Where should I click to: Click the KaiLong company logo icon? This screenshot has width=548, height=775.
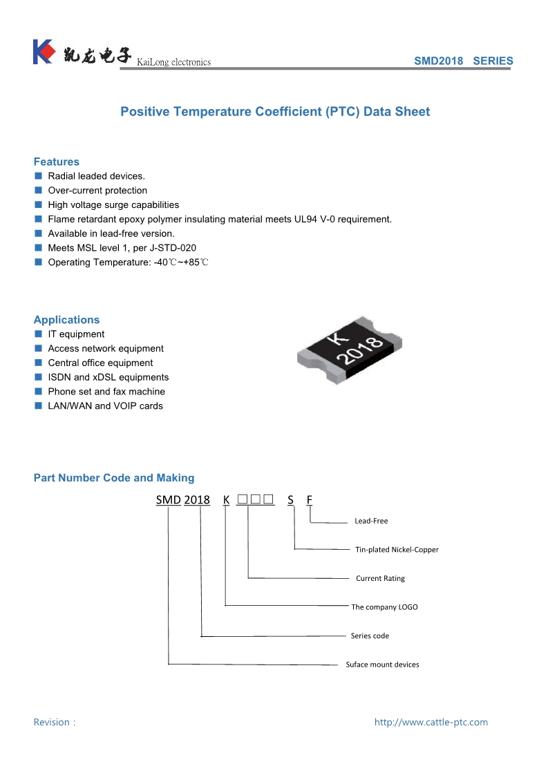[43, 52]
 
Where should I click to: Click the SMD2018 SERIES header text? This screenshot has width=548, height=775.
[463, 61]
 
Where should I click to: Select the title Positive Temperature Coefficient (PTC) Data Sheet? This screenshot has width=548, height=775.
[275, 112]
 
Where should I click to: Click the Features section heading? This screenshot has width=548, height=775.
[57, 162]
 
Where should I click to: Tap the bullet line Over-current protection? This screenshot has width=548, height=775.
[97, 191]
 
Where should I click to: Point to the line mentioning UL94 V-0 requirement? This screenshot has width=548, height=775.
[220, 219]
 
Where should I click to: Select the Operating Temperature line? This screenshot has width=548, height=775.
[128, 262]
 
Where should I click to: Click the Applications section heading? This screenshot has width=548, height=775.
[66, 320]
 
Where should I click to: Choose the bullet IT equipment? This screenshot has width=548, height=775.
[76, 334]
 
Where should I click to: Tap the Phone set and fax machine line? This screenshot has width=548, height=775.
[106, 392]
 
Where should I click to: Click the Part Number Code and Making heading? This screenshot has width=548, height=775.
[114, 478]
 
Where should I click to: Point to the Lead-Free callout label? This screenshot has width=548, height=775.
[371, 521]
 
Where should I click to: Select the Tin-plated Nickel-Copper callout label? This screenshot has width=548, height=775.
[397, 550]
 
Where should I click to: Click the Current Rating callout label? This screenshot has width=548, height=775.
[380, 578]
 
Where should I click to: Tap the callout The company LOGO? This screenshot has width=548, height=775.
[384, 607]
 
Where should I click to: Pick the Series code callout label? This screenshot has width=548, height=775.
[370, 635]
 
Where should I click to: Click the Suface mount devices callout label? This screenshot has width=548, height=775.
[382, 664]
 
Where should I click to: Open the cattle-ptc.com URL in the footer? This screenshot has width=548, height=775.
[431, 723]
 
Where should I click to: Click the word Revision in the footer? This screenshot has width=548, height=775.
[52, 723]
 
